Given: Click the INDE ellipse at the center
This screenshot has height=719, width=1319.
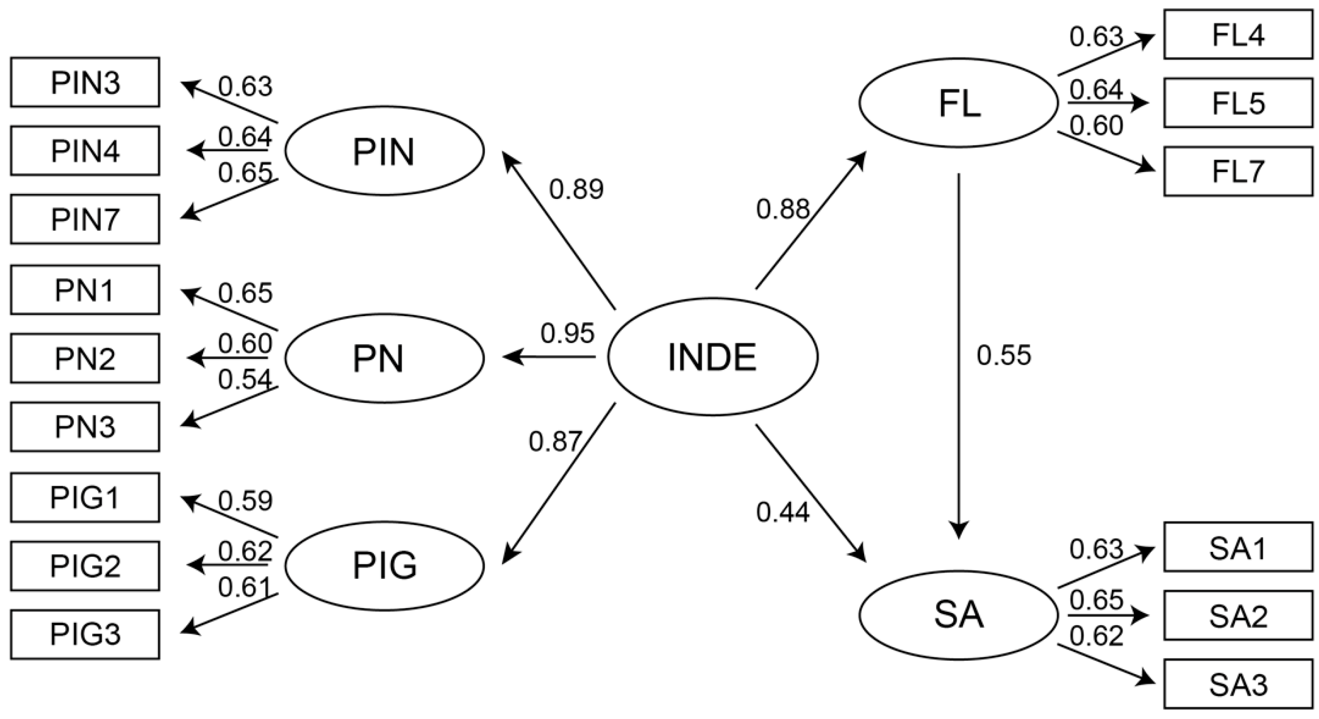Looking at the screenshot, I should (x=712, y=357).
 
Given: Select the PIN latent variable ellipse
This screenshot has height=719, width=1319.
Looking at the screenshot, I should (x=384, y=151).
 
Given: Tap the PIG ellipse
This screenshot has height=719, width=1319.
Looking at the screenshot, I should (x=384, y=565).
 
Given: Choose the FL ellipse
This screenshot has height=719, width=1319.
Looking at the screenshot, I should (x=959, y=103).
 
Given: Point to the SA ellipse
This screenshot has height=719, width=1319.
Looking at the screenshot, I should (x=959, y=615).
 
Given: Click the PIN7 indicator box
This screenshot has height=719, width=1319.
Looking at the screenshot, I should (x=85, y=219).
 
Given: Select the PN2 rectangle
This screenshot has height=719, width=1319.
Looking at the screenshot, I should (x=85, y=358).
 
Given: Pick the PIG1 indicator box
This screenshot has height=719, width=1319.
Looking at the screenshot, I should (x=85, y=498).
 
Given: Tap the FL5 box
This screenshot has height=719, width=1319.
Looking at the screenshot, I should (x=1238, y=103).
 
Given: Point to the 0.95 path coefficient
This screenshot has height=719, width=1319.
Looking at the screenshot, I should (x=567, y=334).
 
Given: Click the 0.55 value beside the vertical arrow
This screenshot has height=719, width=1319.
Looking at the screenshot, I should (x=1004, y=356).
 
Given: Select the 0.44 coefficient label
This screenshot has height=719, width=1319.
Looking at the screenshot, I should (x=783, y=512).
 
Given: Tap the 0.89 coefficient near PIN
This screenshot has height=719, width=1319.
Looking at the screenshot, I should (x=577, y=190).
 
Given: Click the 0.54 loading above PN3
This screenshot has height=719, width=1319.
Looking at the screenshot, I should (x=245, y=379).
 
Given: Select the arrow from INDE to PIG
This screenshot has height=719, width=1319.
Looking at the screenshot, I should (x=559, y=484).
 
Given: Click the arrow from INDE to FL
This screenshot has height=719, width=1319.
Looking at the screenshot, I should (x=811, y=220).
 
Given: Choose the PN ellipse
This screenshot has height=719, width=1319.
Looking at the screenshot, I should (x=384, y=358).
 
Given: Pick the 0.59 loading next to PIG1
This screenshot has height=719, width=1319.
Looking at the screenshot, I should (x=245, y=501).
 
